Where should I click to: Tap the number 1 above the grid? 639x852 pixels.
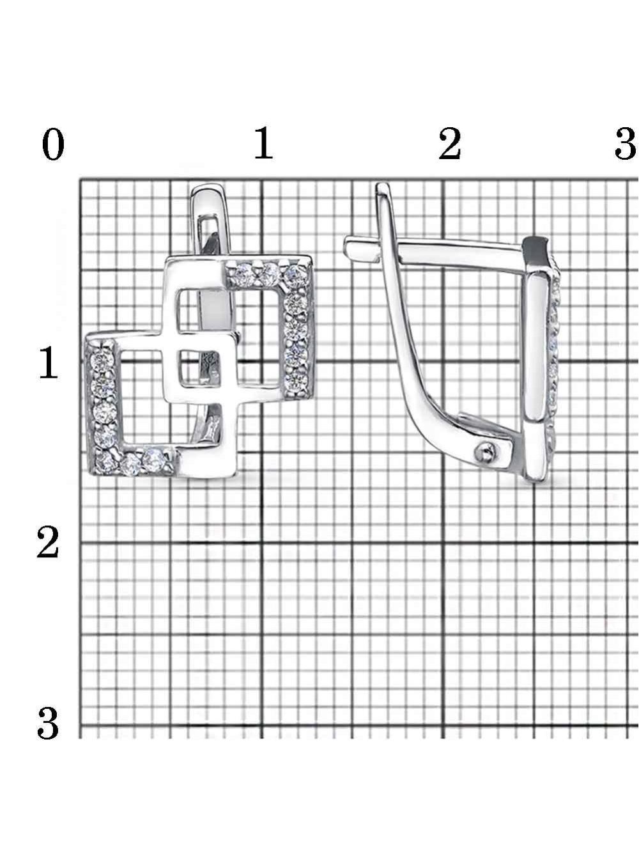[x=264, y=143]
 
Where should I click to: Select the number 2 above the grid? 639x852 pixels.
[x=450, y=144]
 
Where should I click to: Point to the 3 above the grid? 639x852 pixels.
[x=626, y=144]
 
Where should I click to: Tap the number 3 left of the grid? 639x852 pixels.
[x=48, y=723]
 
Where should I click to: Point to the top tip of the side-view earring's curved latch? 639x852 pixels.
[x=382, y=185]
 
